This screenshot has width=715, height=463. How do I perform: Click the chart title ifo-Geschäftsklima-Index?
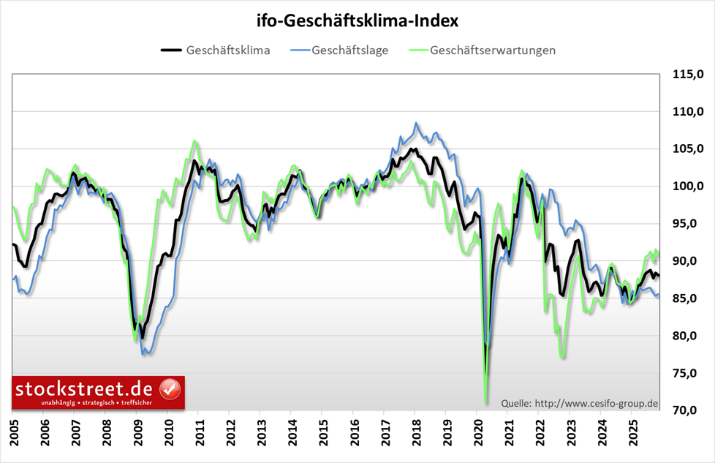tap(357, 20)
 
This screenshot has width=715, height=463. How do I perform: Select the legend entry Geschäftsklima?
tap(228, 50)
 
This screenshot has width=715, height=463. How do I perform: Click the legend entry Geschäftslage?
tap(349, 50)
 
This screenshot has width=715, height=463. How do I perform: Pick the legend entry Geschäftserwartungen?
tap(493, 50)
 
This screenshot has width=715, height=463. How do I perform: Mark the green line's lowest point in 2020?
tap(486, 402)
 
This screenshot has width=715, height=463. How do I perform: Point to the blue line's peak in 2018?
tap(416, 123)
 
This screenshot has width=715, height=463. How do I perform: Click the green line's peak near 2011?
tap(194, 141)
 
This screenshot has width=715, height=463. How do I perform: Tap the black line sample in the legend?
tap(170, 50)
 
